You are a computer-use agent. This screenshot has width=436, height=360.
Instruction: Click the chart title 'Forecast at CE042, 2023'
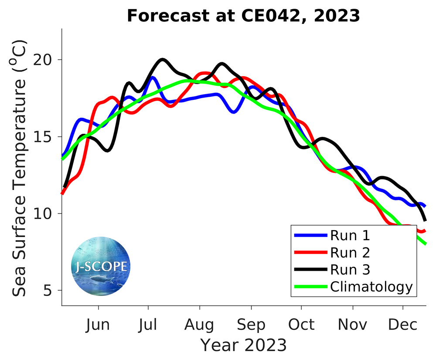243,16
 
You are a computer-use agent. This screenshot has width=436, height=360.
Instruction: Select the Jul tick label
149,325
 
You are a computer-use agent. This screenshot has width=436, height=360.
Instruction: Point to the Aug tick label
199,325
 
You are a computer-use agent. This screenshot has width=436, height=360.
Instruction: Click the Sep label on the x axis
251,325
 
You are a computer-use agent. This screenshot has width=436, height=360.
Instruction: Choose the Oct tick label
301,325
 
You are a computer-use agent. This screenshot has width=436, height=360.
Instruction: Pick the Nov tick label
352,325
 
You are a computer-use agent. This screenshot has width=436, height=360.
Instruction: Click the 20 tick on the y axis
46,60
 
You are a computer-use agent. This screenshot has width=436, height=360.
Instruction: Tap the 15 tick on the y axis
46,137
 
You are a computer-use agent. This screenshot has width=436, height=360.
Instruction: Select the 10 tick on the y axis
46,214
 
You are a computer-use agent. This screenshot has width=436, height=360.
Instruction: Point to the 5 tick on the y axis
51,290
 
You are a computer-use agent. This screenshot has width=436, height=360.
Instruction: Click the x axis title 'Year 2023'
243,345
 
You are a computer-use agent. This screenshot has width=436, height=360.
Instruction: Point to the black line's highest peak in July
162,59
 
